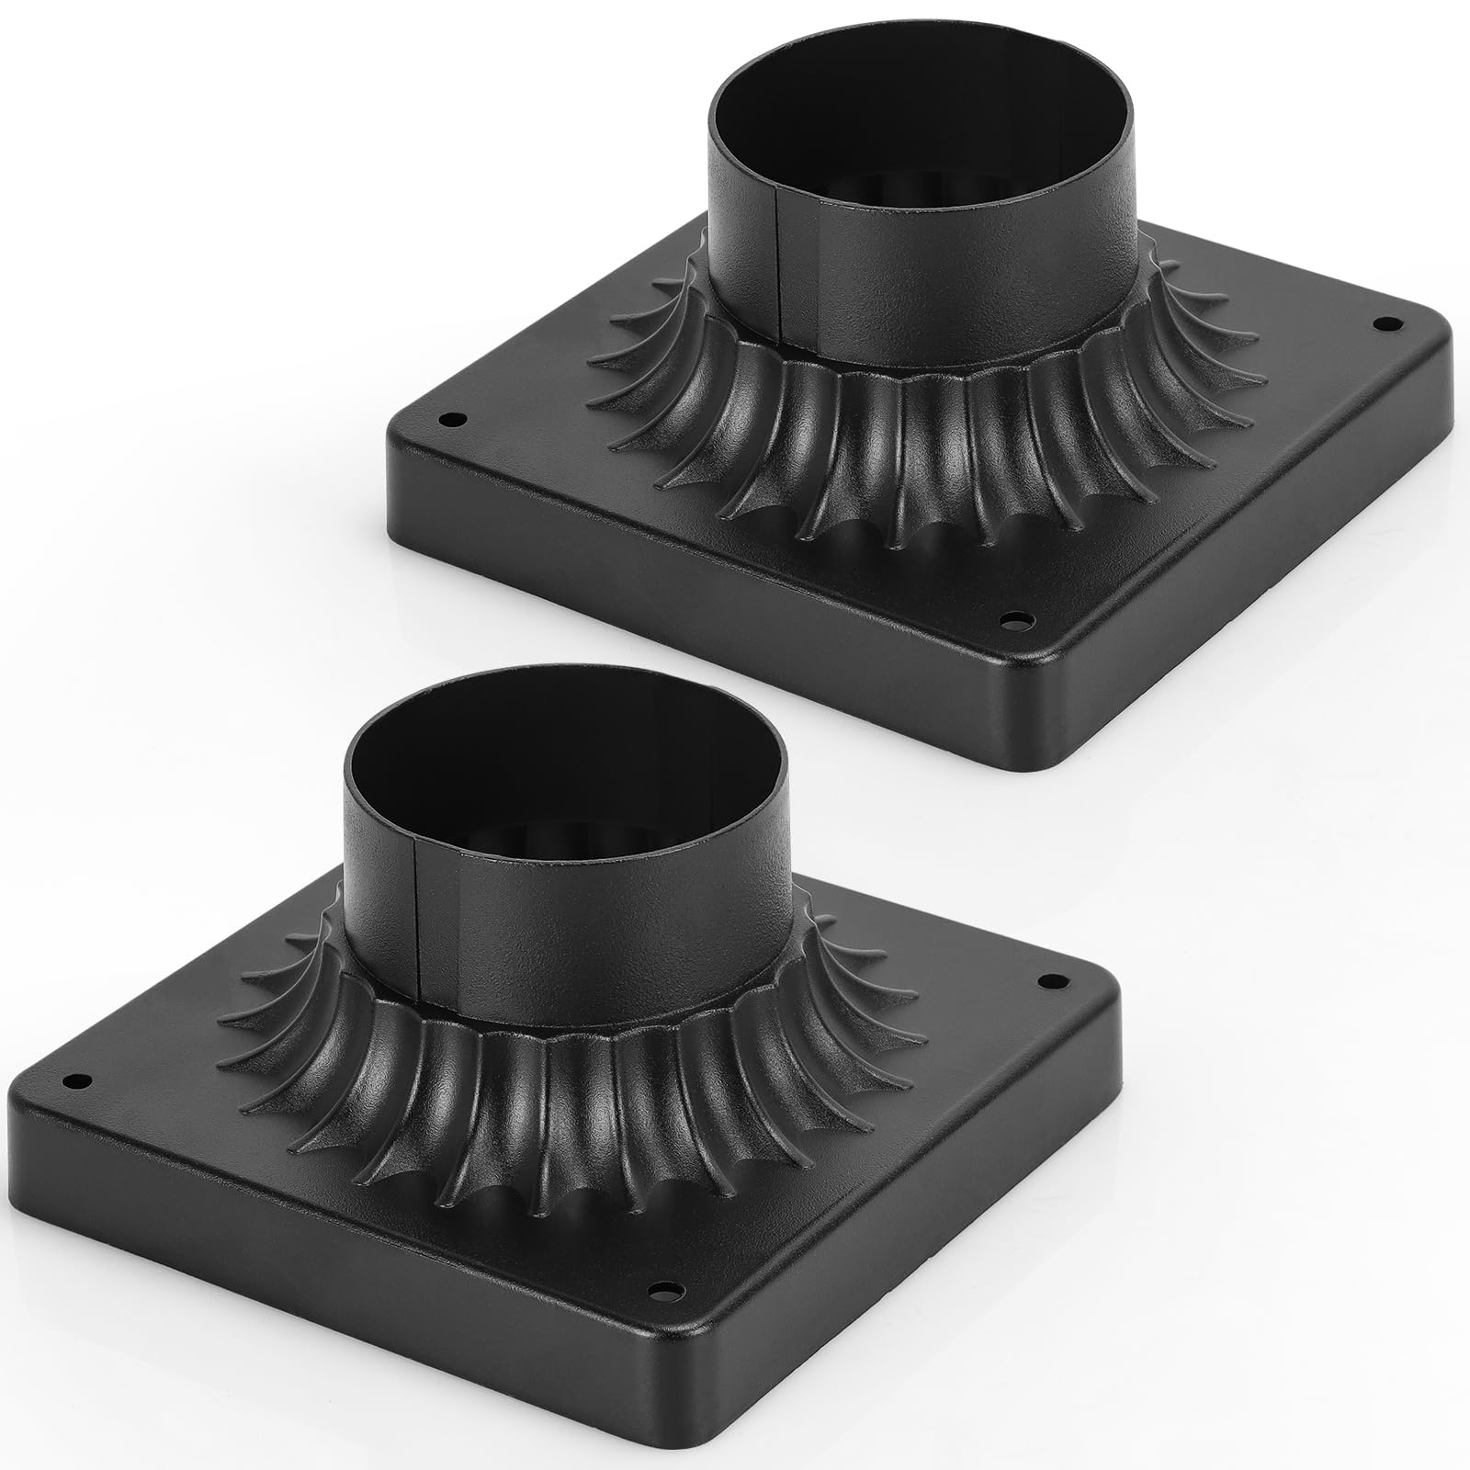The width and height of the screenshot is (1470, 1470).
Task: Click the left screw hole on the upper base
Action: [452, 420]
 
